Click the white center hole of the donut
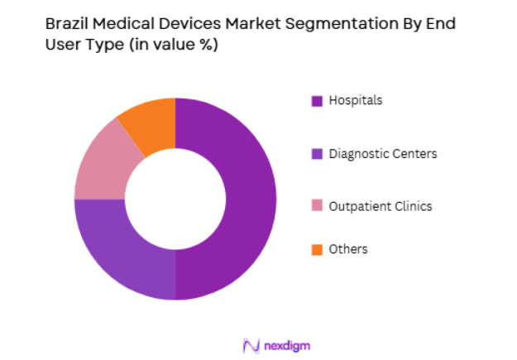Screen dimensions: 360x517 click(175, 199)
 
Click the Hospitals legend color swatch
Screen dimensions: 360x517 click(316, 101)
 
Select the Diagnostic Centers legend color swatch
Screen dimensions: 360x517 click(316, 154)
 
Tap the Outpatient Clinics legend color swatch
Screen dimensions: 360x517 click(316, 207)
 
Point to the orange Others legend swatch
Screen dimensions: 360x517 click(316, 249)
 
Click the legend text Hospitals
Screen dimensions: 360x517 click(356, 100)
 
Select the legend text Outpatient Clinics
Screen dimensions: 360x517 click(380, 206)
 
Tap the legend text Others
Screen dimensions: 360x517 click(348, 249)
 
